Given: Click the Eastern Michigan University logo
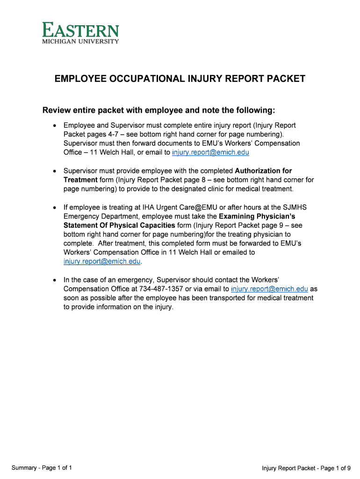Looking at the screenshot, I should pyautogui.click(x=80, y=33).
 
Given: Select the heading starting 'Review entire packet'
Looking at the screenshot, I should pyautogui.click(x=159, y=110).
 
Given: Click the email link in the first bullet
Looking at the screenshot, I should pyautogui.click(x=210, y=152).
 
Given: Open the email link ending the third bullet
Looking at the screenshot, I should pyautogui.click(x=102, y=261).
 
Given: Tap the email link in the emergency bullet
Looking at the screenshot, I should pyautogui.click(x=269, y=289).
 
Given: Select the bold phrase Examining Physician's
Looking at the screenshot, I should pyautogui.click(x=257, y=217).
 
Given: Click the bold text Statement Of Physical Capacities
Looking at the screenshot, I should pyautogui.click(x=119, y=225).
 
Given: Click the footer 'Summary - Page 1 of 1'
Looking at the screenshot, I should pyautogui.click(x=42, y=468).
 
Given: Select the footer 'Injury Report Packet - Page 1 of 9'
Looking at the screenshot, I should pyautogui.click(x=306, y=468).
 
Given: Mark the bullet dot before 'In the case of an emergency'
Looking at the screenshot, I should pyautogui.click(x=55, y=280).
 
